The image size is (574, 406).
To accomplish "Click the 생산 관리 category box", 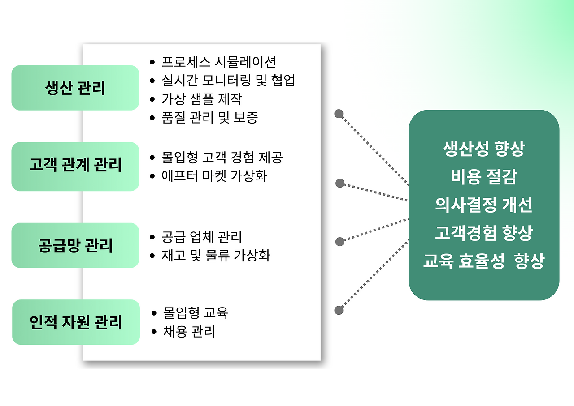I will coord(75,88).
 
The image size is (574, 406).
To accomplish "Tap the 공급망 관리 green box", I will coord(75,245).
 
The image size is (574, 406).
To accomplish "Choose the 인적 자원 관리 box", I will coord(76,322).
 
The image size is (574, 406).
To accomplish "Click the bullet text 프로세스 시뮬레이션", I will coord(219,62).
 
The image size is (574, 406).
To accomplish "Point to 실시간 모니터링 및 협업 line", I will coord(228,80).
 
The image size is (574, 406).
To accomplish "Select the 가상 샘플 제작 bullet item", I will coord(202,99).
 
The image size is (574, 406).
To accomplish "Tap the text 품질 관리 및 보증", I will coord(210,118).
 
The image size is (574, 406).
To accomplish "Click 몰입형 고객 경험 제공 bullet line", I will coord(222,158).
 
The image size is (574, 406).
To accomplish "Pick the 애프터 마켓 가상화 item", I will coord(214,176).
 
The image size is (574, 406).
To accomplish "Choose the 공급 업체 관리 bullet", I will coord(202,237).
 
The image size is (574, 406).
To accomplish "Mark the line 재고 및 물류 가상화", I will coord(216,256).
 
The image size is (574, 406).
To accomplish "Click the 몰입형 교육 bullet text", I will coord(196,312).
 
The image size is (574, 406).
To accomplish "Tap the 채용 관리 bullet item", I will coord(189,332).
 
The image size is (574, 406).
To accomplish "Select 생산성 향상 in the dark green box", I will coord(483,149).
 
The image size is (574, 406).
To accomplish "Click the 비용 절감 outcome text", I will coord(483,177).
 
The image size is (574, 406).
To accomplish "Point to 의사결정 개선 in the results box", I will coord(483,205).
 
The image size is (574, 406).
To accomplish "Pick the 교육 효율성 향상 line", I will coord(483,261).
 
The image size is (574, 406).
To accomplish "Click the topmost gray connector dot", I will coord(339,114).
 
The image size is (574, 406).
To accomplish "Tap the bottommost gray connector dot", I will coord(339,310).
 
